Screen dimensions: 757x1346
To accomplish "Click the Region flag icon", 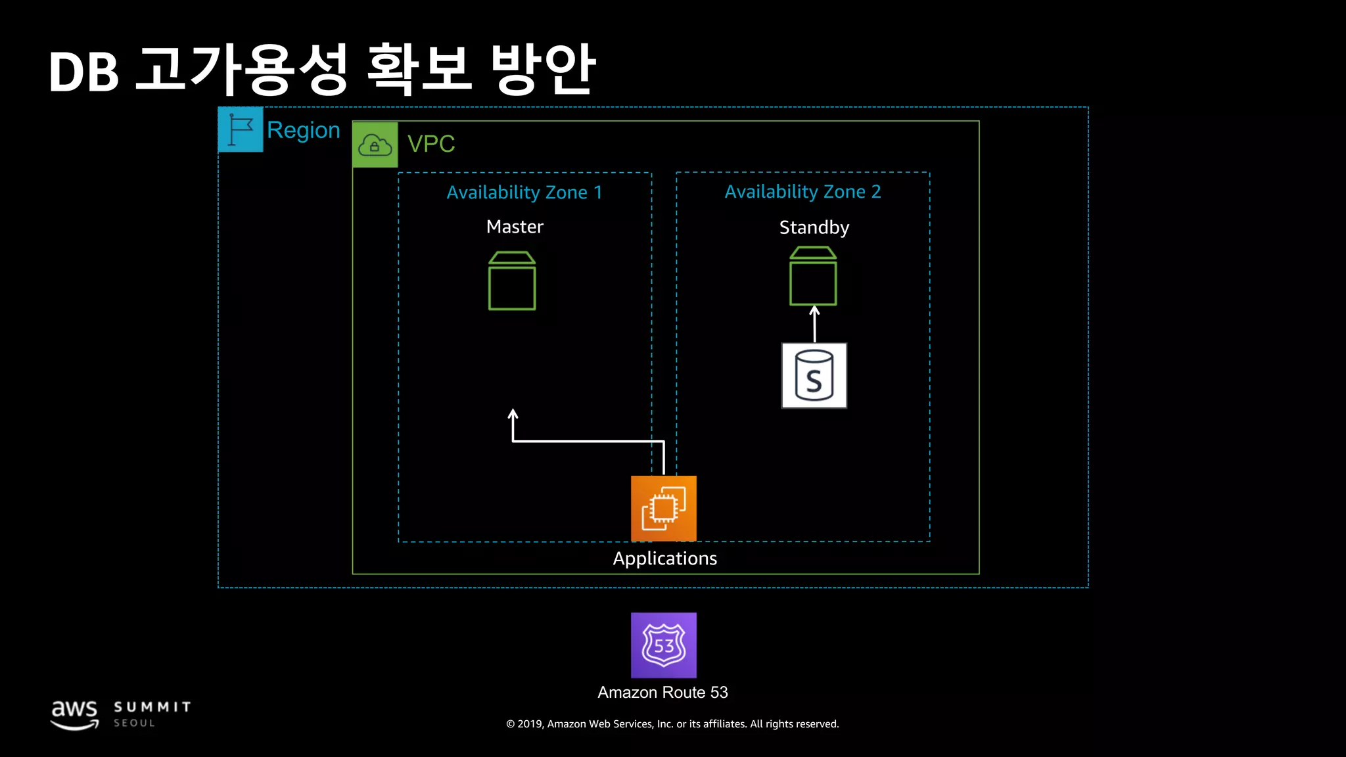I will (x=241, y=129).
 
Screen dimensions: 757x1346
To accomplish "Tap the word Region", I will (x=303, y=130).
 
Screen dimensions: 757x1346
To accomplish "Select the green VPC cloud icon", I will (x=375, y=145).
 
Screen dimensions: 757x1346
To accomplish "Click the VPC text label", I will (x=431, y=144).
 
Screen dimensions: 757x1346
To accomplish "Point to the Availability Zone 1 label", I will (x=524, y=193).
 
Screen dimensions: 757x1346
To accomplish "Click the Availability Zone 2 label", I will (x=802, y=192).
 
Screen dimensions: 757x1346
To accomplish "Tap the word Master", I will (x=515, y=227).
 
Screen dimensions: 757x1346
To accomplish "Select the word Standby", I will (x=814, y=227).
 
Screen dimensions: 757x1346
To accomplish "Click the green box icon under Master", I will (x=512, y=281).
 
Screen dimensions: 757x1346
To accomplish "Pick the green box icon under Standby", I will (x=813, y=276).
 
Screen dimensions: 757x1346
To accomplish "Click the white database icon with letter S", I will (x=814, y=375).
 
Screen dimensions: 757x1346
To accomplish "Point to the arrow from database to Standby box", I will (x=814, y=324).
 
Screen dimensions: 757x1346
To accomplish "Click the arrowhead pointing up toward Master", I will (x=513, y=414).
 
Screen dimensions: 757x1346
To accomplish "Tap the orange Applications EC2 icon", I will (x=664, y=508).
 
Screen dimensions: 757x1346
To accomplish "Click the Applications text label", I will (x=664, y=559).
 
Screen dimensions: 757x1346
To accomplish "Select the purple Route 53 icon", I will (x=664, y=645).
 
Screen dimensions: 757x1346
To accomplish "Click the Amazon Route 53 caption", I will (x=662, y=693).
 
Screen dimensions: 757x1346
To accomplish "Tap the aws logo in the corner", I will (x=75, y=714).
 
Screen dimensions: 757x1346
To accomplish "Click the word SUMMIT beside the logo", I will (x=152, y=707).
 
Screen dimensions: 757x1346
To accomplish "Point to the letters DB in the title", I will (x=83, y=72).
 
